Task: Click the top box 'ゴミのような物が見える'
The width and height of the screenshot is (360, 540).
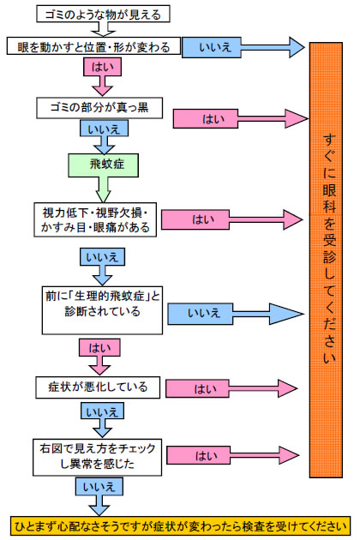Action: coord(103,14)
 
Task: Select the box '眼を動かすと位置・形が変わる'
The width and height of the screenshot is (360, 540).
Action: coord(93,46)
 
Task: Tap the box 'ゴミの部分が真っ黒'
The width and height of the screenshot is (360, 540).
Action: coord(99,108)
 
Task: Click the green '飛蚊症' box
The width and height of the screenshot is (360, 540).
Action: coord(104,165)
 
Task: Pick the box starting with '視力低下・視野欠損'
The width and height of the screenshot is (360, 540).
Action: coord(95,219)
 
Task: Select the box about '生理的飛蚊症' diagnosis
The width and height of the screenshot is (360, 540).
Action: coord(102,310)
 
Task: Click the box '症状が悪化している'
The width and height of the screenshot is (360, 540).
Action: coord(98,387)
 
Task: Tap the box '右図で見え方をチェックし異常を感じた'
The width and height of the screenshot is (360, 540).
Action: coord(97,457)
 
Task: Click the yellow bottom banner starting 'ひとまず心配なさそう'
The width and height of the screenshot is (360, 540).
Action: coord(180,526)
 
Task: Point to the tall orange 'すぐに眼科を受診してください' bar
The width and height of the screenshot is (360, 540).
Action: coord(326,260)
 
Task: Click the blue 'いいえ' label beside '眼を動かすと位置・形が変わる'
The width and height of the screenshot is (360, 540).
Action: coord(212,47)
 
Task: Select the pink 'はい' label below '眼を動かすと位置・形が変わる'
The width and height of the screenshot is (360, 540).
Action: coord(102,67)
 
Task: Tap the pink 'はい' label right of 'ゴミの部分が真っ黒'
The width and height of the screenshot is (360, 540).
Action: coord(206,119)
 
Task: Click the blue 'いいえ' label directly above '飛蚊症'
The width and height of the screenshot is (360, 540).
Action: coord(104,129)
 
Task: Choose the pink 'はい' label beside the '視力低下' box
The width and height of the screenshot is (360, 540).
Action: coord(195,219)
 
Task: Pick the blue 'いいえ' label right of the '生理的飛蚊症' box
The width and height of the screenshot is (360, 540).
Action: coord(201,314)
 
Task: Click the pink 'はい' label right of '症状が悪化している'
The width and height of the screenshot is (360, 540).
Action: coord(197,388)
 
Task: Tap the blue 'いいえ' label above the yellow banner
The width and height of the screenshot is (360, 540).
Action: coord(99,486)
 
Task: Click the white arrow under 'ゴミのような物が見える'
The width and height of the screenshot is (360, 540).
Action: coord(103,29)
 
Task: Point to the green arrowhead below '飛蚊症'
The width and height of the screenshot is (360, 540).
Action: coord(103,195)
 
